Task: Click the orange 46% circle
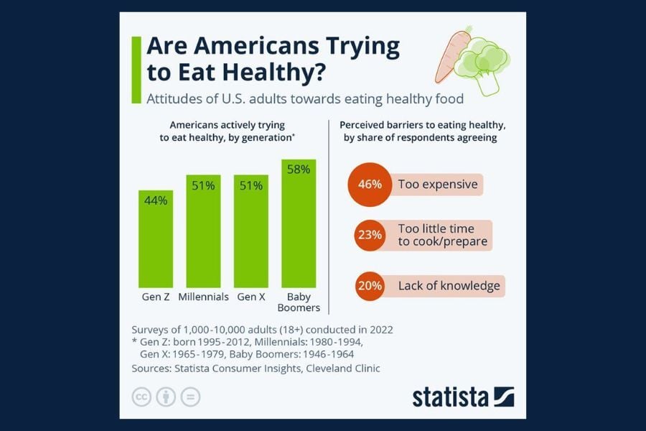(369, 185)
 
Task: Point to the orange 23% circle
(369, 235)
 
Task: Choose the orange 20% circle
(369, 286)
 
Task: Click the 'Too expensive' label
(438, 185)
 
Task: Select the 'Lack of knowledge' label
(449, 286)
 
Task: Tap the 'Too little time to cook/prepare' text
(443, 235)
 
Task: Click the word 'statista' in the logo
(450, 397)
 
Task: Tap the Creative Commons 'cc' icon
(141, 397)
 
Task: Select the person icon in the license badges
(166, 397)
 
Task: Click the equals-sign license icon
(190, 397)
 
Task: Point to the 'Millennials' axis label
(203, 297)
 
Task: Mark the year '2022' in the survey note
(378, 330)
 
